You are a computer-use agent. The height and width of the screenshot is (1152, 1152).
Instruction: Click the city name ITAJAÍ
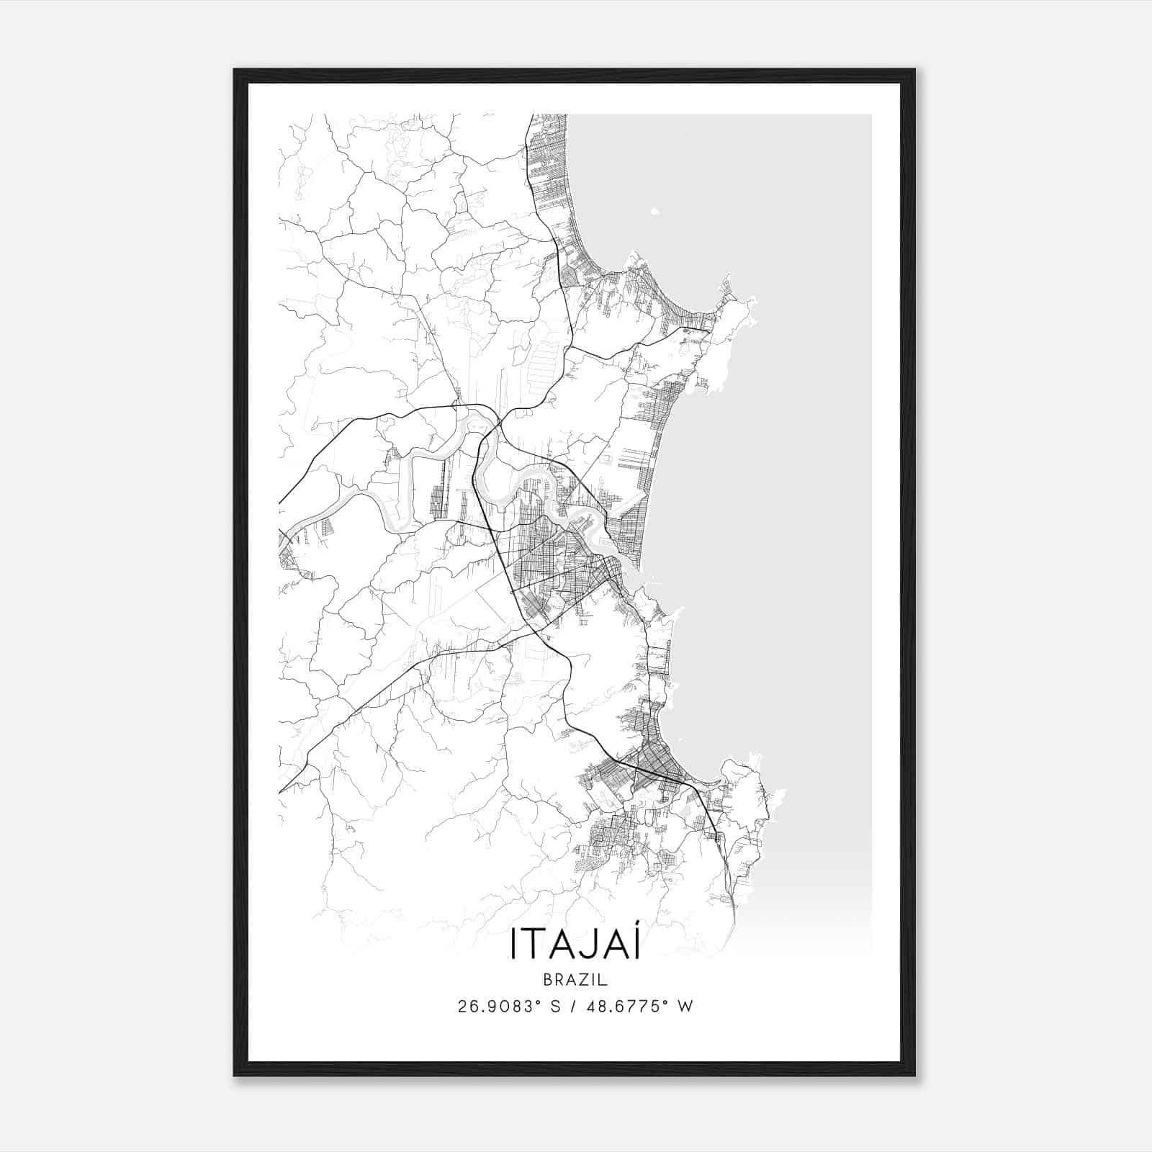pos(575,944)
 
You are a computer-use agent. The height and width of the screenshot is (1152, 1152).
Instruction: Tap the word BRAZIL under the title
pos(575,980)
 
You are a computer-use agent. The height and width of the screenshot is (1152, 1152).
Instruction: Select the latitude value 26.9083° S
pos(508,1006)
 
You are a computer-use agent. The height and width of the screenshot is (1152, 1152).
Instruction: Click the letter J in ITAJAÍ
pos(581,944)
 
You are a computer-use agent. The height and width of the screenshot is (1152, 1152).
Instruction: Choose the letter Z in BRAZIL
pos(580,980)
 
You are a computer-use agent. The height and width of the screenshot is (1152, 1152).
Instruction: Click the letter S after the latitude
pos(557,1006)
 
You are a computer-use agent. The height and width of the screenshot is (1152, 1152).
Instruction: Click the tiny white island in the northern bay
pos(654,211)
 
